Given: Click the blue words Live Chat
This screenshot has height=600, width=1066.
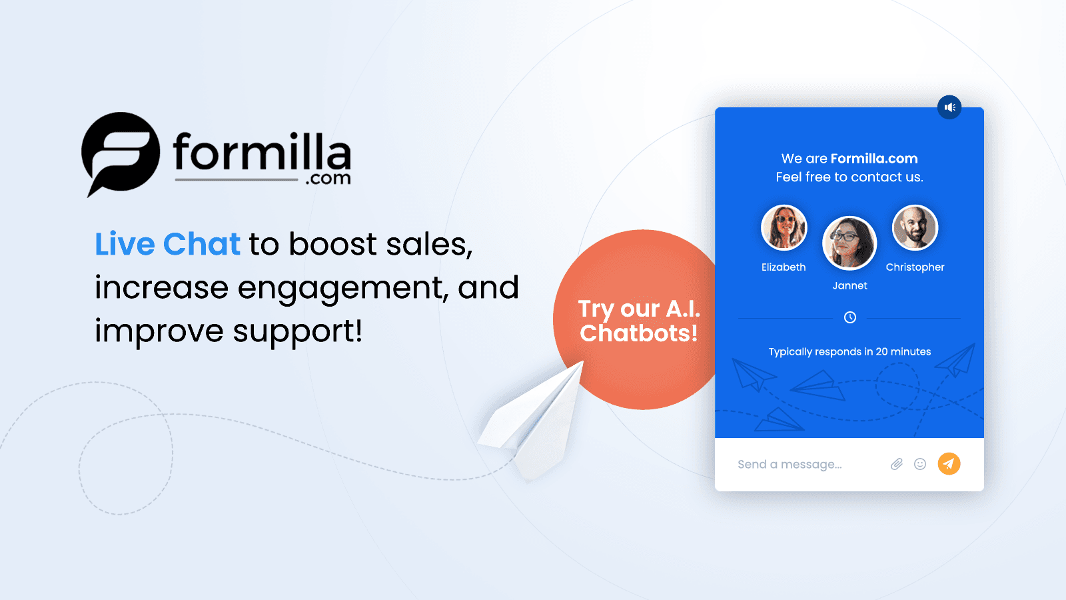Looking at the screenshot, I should (167, 244).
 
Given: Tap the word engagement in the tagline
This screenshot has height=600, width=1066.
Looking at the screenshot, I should (342, 288).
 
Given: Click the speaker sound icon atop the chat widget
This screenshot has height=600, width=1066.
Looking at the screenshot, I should (949, 107).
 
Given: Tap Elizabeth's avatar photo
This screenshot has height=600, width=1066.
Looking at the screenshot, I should (784, 227).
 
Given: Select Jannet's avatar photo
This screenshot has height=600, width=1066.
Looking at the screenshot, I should (849, 243).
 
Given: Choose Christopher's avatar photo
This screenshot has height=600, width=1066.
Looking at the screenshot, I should (915, 227).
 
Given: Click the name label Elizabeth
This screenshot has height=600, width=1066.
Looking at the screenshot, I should (784, 267).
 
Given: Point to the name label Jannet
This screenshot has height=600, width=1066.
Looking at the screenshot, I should (849, 286).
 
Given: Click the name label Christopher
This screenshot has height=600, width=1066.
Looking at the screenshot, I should (915, 267).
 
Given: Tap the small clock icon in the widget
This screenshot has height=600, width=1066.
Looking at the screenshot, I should (850, 317).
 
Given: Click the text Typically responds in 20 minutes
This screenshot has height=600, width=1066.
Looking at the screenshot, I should (849, 352).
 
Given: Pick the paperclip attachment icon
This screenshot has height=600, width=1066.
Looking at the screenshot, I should (897, 464).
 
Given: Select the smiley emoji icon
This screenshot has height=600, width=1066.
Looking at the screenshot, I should (920, 464).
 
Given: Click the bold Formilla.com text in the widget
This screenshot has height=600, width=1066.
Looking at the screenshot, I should (874, 159).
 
